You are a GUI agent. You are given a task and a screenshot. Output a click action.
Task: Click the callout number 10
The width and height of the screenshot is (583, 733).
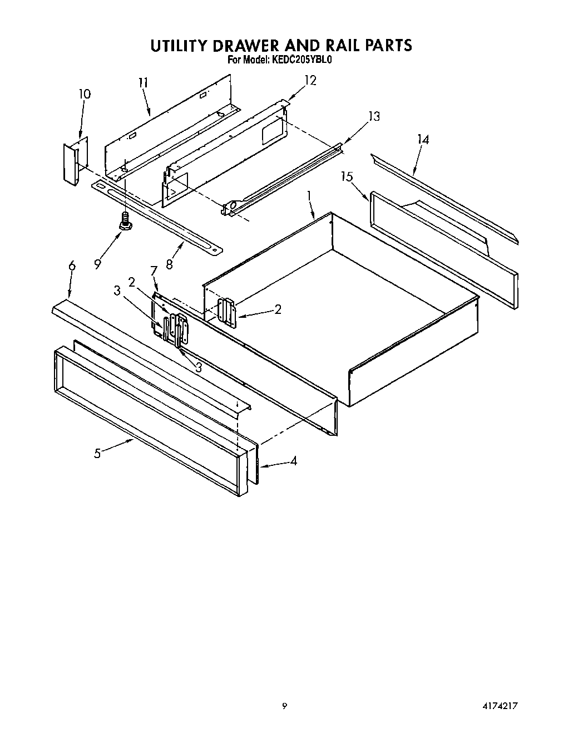point(84,94)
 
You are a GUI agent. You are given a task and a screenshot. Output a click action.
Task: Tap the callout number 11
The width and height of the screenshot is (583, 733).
point(143,83)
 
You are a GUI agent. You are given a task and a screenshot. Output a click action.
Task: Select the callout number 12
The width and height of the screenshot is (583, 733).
point(310,81)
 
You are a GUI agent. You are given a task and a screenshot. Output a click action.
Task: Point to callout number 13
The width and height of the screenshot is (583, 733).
point(374,116)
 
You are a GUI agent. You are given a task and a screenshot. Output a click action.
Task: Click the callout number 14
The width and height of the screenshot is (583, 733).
point(423,140)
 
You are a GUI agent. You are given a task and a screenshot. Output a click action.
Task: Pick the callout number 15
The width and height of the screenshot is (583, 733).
point(347,177)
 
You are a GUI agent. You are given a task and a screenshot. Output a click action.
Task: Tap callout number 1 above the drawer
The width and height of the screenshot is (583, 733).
point(309,196)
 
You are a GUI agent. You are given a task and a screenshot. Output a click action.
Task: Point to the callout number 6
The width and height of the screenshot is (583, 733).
point(72,266)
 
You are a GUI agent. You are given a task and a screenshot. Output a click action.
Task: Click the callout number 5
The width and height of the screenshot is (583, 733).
point(97,453)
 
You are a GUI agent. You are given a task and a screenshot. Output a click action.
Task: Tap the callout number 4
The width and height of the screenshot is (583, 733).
point(293,461)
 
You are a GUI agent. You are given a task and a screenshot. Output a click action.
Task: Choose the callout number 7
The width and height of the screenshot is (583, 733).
point(154,270)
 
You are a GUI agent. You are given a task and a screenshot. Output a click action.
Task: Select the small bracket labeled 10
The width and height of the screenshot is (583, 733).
point(71,162)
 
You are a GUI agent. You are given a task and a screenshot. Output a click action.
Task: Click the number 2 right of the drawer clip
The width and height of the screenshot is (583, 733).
point(278,309)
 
